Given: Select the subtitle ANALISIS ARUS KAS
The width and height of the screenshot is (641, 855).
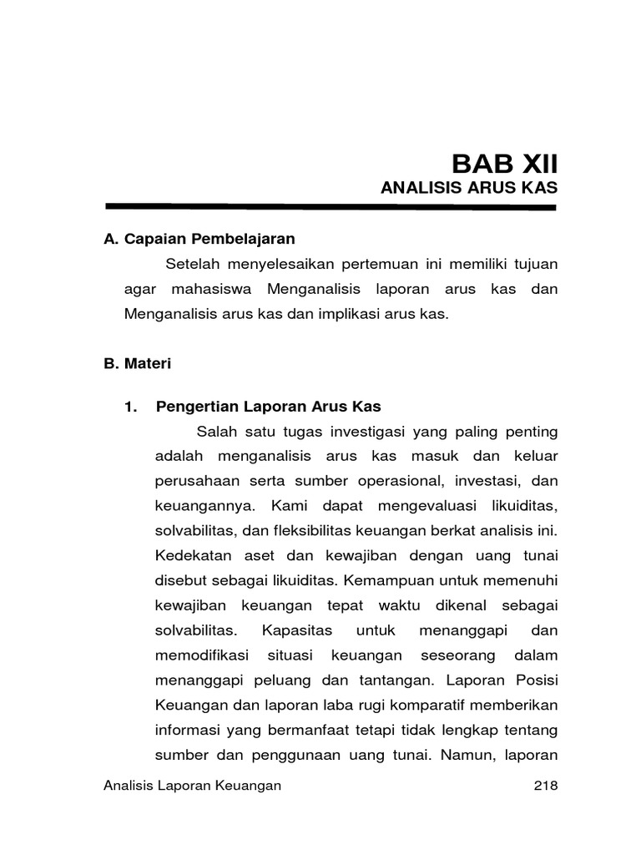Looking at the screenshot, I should click(x=468, y=189).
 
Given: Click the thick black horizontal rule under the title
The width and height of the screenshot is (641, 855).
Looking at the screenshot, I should click(x=331, y=206).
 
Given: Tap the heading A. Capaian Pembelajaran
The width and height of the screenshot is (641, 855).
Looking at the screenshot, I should click(x=199, y=239).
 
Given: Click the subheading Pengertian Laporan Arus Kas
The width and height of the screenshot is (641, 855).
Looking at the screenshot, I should click(x=268, y=407).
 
